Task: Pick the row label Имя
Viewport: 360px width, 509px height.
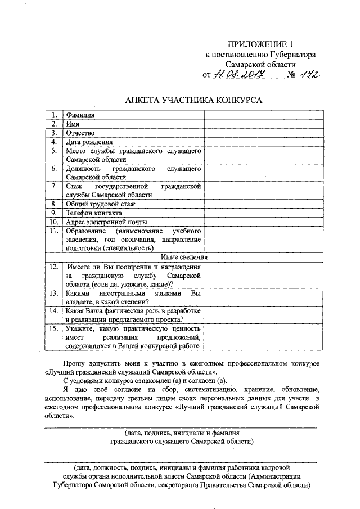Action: pos(72,124)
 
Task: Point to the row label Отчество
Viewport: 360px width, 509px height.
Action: pos(79,133)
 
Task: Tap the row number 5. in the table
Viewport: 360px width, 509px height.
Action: pos(54,151)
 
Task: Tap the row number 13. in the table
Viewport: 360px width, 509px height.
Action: pos(54,293)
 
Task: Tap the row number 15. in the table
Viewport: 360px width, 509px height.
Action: pos(54,328)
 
